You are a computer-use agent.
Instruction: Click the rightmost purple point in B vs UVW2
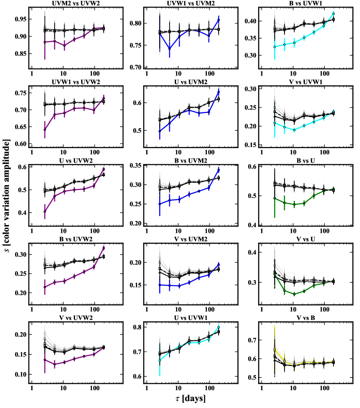tap(104, 248)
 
